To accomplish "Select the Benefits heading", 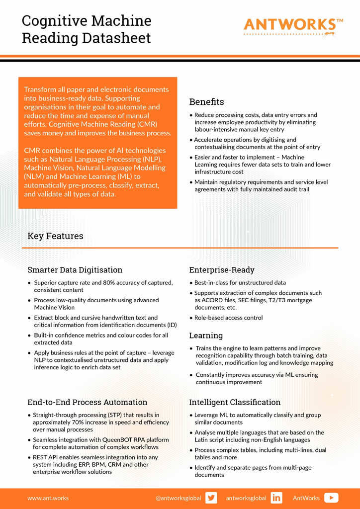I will [x=206, y=102].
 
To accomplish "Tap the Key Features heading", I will [x=55, y=236].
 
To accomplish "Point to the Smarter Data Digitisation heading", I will [x=75, y=270].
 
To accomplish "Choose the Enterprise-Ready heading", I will [x=221, y=270].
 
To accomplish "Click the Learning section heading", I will [x=206, y=336].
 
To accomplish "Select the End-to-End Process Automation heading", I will [x=87, y=402].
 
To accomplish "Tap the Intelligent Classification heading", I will [x=235, y=402].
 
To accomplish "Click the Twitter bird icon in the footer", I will [x=211, y=498].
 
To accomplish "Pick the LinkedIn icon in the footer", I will [x=276, y=498].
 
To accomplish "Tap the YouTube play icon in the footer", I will [x=331, y=498].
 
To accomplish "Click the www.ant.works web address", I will [x=48, y=498].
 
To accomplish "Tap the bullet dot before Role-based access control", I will [x=191, y=318].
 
